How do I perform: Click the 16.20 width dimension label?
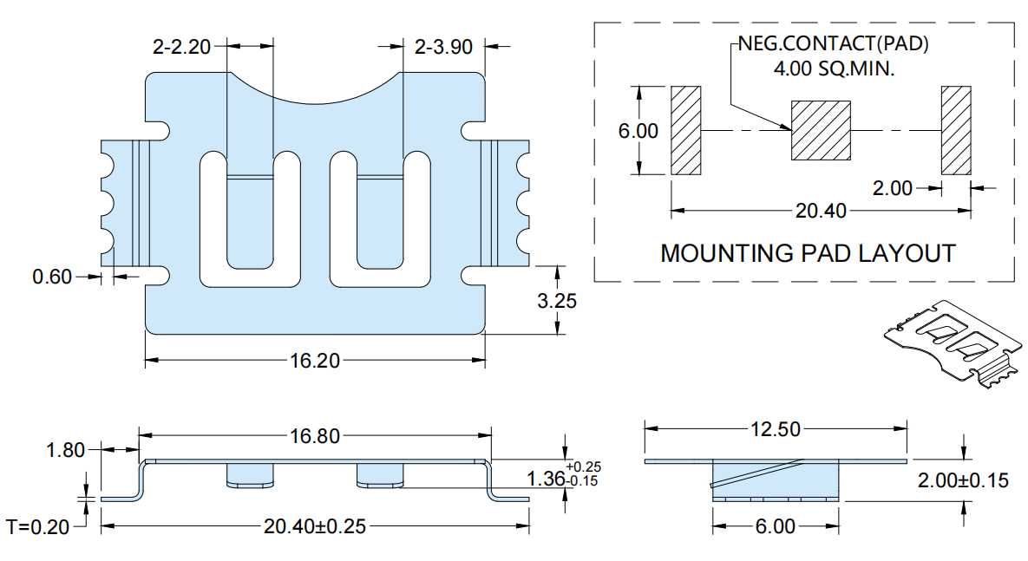[315, 361]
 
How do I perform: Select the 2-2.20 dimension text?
[181, 47]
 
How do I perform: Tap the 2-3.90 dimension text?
[444, 47]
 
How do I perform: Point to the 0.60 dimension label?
[52, 277]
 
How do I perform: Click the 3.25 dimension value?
[557, 301]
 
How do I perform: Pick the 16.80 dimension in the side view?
[315, 436]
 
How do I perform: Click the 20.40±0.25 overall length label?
[315, 526]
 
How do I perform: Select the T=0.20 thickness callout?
[38, 527]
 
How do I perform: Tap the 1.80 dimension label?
[66, 450]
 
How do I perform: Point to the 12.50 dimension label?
[776, 429]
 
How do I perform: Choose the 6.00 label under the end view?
[776, 526]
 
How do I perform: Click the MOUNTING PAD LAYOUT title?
[808, 254]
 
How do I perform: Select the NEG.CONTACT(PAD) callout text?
[834, 43]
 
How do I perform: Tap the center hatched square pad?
[821, 130]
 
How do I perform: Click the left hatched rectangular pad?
[686, 130]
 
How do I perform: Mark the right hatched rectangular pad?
[956, 130]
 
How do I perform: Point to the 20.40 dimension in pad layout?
[821, 211]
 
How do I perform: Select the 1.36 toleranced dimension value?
[547, 479]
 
